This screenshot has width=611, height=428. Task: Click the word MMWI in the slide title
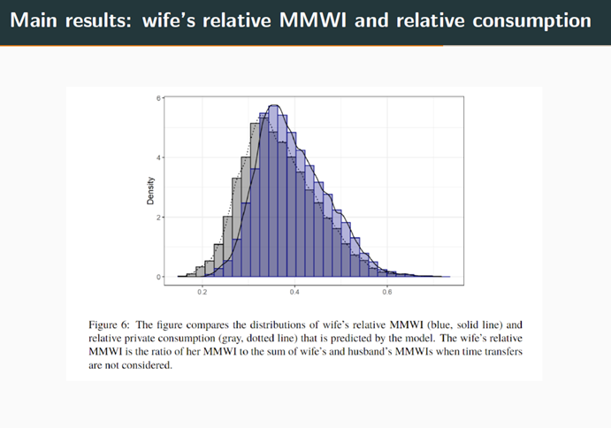point(312,19)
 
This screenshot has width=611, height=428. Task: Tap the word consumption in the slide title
point(532,21)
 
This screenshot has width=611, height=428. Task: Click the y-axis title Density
point(150,191)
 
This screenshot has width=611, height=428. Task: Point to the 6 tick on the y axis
point(158,98)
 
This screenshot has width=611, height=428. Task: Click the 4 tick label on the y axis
point(158,158)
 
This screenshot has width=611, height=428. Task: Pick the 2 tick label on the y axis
point(158,218)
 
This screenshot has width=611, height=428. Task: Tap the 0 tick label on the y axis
point(158,277)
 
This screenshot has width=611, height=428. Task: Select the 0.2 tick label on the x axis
point(202,293)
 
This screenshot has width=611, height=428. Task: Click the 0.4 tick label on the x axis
point(294,293)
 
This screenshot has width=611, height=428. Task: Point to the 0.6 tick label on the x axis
point(387,293)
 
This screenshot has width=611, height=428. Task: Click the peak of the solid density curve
point(274,105)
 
